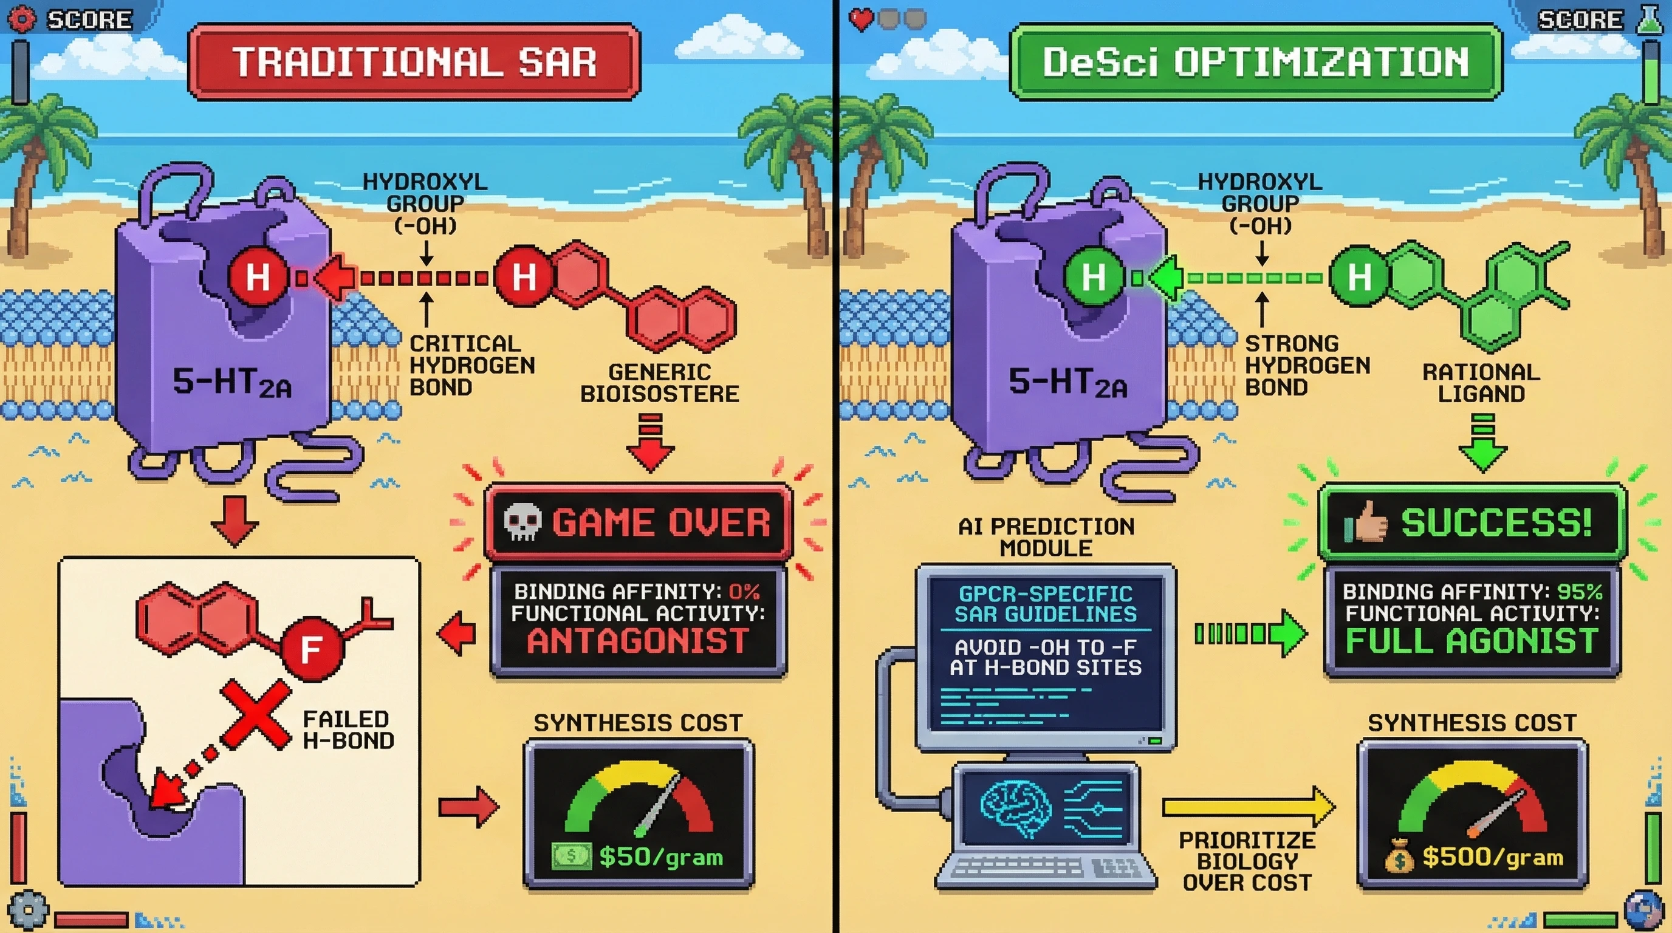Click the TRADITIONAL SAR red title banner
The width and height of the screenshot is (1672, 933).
(x=414, y=63)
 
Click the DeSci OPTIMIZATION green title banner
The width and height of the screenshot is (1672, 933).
(x=1255, y=63)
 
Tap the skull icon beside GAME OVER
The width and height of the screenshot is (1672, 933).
(x=522, y=522)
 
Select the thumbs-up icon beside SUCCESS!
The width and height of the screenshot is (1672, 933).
(x=1366, y=522)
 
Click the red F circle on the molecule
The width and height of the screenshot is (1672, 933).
(x=312, y=648)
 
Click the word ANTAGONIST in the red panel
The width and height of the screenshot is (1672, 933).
(x=638, y=641)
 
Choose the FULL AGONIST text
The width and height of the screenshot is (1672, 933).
(x=1472, y=641)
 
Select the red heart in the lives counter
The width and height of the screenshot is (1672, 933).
(x=862, y=19)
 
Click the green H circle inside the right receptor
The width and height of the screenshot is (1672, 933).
(x=1093, y=278)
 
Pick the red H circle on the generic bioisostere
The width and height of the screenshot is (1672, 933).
(x=524, y=278)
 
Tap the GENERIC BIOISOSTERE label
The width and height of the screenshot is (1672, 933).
(x=659, y=383)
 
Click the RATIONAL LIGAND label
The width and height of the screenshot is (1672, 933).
(x=1481, y=383)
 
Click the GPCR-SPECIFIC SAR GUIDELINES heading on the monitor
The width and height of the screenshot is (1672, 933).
(x=1045, y=603)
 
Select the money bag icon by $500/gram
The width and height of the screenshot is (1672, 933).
(x=1399, y=858)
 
